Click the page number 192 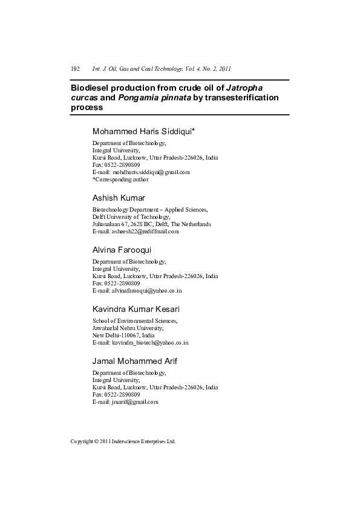pos(76,69)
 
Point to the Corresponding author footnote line pos(120,179)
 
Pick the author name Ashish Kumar pos(119,198)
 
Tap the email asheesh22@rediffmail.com pos(144,231)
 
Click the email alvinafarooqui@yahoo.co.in pos(146,290)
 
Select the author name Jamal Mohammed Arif pos(134,361)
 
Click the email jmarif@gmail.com pos(134,401)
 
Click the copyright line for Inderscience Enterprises pos(123,441)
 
